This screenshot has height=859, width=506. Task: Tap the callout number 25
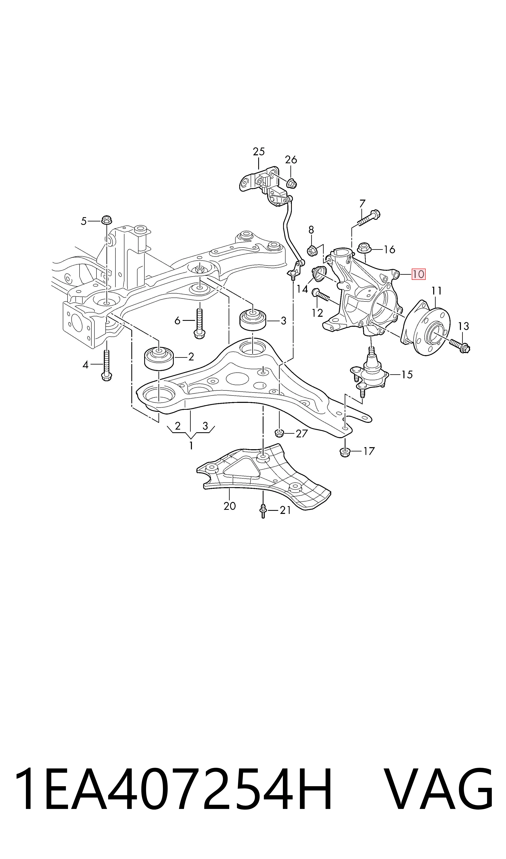point(259,151)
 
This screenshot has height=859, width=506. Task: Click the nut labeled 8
point(312,251)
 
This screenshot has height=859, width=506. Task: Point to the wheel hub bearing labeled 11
point(426,328)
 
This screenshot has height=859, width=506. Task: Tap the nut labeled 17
point(345,452)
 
